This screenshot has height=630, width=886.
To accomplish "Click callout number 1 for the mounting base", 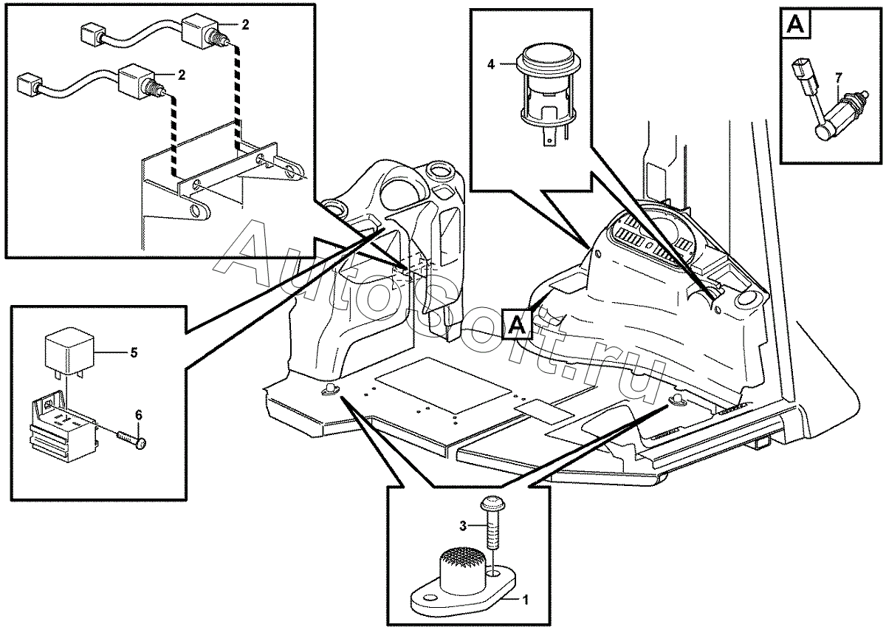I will pos(525,600).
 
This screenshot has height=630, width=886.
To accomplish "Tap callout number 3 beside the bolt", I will pos(464,525).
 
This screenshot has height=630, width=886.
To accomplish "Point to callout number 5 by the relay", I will pos(134,352).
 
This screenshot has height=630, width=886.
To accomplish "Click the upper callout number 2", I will pos(245,25).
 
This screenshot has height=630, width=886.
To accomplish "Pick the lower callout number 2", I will pos(181,75).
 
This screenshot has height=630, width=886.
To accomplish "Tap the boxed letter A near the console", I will pos(515,323).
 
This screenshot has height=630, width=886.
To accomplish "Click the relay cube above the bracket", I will pos(68,348).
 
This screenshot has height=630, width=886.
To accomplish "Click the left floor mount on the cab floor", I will pos(328,389).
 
